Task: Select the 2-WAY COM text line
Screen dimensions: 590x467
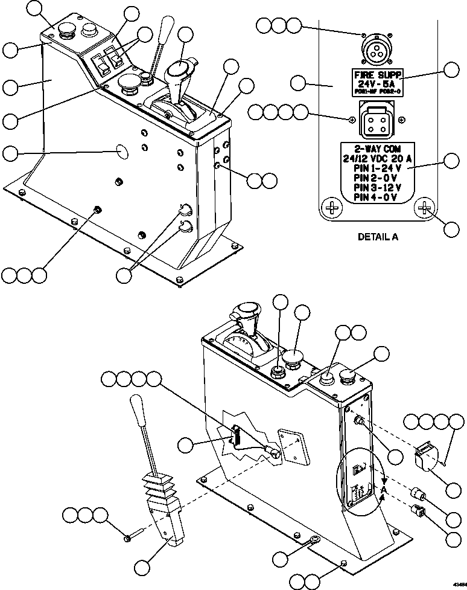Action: [377, 149]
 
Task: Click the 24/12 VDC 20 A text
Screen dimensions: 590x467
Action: [377, 159]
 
